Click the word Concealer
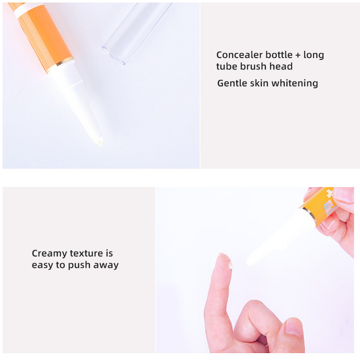[239, 55]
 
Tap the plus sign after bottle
[298, 55]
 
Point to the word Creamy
[49, 253]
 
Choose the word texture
[86, 253]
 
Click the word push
[79, 265]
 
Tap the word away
[106, 265]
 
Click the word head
[281, 66]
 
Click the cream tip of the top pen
[100, 143]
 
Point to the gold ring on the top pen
[61, 65]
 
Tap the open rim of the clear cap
[113, 55]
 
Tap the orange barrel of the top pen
[46, 34]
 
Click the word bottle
[279, 55]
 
